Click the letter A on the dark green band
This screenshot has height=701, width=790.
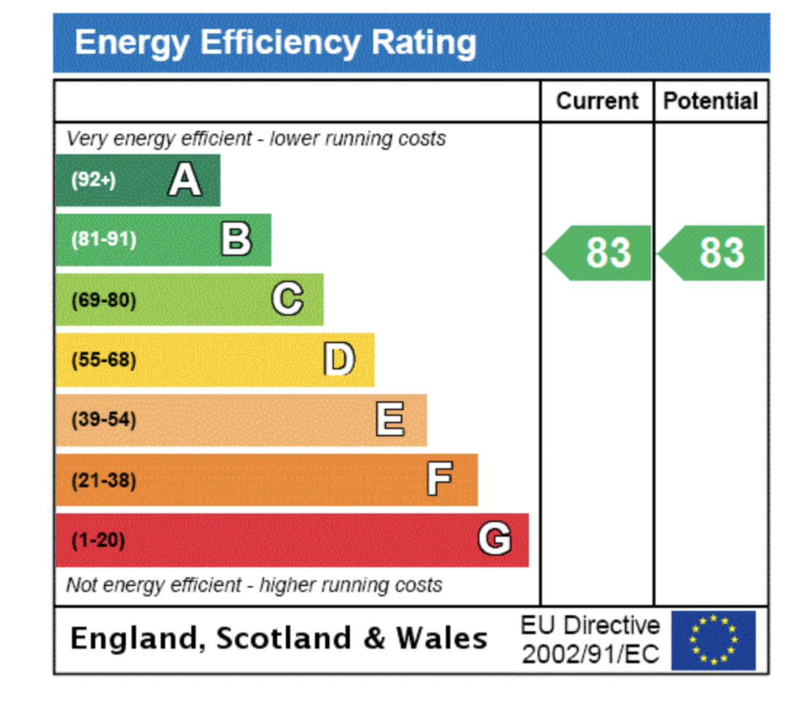pyautogui.click(x=185, y=180)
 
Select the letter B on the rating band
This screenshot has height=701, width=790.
pyautogui.click(x=236, y=239)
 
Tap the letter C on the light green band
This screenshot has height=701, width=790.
pyautogui.click(x=287, y=299)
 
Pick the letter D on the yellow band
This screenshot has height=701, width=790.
pyautogui.click(x=339, y=359)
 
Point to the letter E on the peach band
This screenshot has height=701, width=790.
pyautogui.click(x=390, y=420)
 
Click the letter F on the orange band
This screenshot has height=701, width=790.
pyautogui.click(x=439, y=479)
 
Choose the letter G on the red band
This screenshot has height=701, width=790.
pyautogui.click(x=494, y=540)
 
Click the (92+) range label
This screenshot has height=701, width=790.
pyautogui.click(x=93, y=180)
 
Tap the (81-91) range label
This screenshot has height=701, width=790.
pyautogui.click(x=103, y=239)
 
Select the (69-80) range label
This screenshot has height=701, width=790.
pyautogui.click(x=103, y=300)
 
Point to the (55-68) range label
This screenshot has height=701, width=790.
pyautogui.click(x=103, y=360)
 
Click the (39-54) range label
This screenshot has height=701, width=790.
pyautogui.click(x=103, y=420)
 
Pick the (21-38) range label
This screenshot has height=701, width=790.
pyautogui.click(x=103, y=480)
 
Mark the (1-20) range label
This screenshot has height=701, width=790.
pyautogui.click(x=98, y=540)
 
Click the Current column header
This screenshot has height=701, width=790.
pyautogui.click(x=597, y=101)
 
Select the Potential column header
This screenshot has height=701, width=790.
pyautogui.click(x=711, y=101)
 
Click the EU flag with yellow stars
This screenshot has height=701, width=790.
pyautogui.click(x=713, y=640)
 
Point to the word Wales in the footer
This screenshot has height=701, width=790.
pyautogui.click(x=442, y=638)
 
